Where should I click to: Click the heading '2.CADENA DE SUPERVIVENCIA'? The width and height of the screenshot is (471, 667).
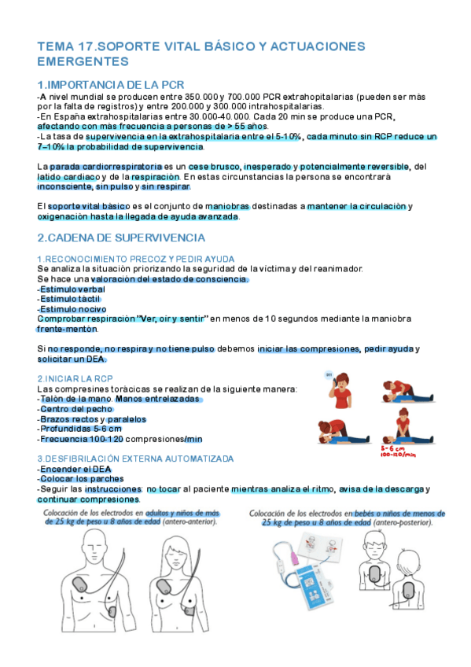coord(121,237)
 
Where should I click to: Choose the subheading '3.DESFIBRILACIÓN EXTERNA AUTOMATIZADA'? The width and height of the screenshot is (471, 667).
coord(135,458)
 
